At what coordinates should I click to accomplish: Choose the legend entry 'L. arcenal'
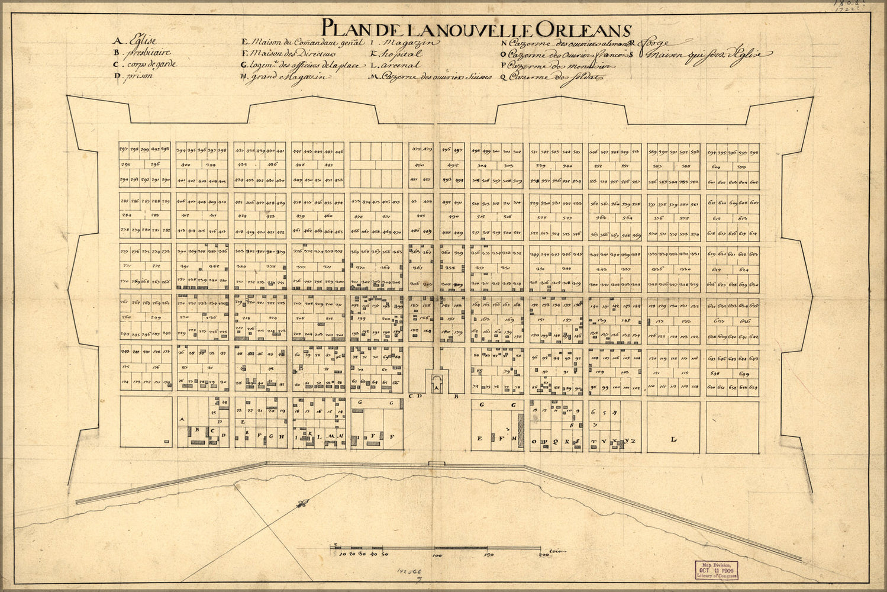pyautogui.click(x=395, y=65)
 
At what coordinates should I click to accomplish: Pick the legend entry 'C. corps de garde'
pyautogui.click(x=145, y=64)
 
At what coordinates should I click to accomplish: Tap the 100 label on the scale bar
pyautogui.click(x=437, y=555)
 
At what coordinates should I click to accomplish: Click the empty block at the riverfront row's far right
pyautogui.click(x=732, y=427)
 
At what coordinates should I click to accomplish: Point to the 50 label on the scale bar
pyautogui.click(x=384, y=555)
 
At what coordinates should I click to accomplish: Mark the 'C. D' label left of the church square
pyautogui.click(x=414, y=395)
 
